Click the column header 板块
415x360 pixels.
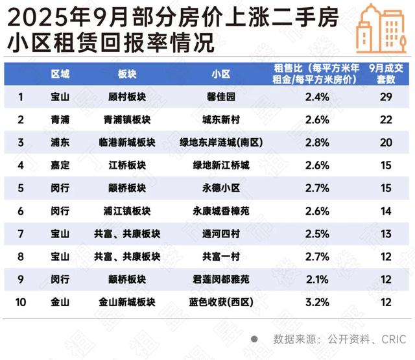[126, 74]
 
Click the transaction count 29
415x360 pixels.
[386, 97]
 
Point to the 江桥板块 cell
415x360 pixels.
[126, 165]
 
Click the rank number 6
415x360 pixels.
[21, 211]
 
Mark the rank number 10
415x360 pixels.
[21, 302]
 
